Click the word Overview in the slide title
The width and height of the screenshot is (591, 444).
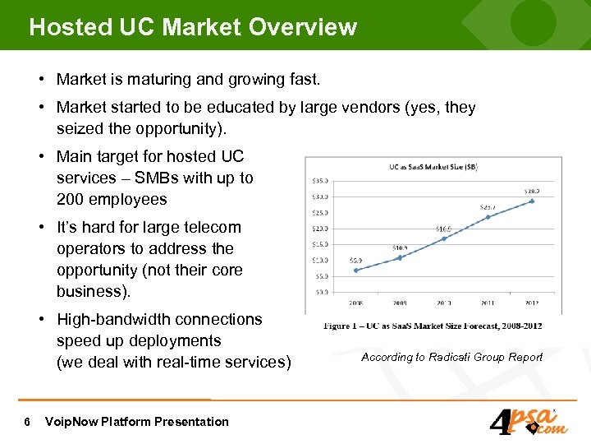point(303,27)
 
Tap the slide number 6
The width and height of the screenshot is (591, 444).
point(28,422)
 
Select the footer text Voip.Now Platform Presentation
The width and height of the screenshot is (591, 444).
point(137,422)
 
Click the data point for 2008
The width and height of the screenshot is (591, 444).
point(355,270)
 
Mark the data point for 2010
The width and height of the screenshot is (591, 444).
point(444,238)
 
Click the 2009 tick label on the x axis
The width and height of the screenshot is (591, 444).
point(400,303)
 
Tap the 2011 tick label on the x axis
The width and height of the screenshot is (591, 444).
point(488,303)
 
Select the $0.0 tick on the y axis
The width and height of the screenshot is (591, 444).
point(322,291)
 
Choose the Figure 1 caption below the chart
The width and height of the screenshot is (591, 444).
point(433,326)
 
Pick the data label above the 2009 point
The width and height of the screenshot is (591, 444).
point(399,247)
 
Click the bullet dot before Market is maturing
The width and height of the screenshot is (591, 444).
point(40,80)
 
